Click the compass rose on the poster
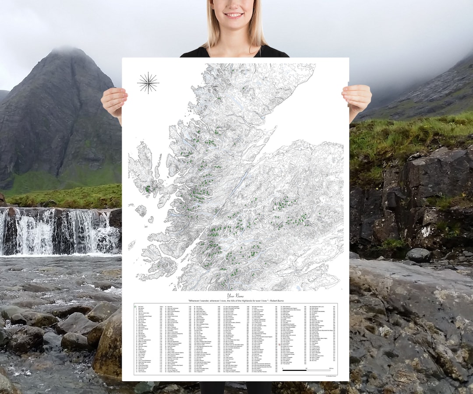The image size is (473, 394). tap(148, 83)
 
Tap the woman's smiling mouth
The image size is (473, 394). tap(233, 15)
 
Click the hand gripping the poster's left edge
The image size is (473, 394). tap(114, 101)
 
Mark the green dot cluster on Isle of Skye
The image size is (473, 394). tap(148, 189)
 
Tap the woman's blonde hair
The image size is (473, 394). tap(258, 26)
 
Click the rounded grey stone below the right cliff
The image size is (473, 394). tap(418, 255)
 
